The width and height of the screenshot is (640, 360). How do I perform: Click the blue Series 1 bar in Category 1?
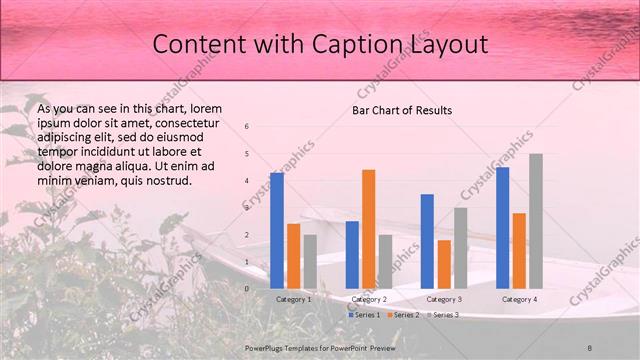[x=277, y=230]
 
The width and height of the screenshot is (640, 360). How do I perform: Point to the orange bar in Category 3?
[x=444, y=264]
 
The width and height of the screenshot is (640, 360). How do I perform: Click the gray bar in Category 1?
[x=310, y=261]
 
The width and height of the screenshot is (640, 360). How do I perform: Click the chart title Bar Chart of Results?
[x=402, y=110]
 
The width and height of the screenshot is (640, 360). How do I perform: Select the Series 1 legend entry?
[x=364, y=315]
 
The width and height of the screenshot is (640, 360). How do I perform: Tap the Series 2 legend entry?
[x=402, y=315]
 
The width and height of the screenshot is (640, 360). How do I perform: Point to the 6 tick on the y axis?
[x=247, y=126]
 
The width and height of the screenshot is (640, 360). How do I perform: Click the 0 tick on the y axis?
[x=247, y=288]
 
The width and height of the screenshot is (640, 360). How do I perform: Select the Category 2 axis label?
[x=369, y=299]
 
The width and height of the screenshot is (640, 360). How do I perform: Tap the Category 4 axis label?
[x=519, y=299]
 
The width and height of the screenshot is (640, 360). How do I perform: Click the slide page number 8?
[x=590, y=346]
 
